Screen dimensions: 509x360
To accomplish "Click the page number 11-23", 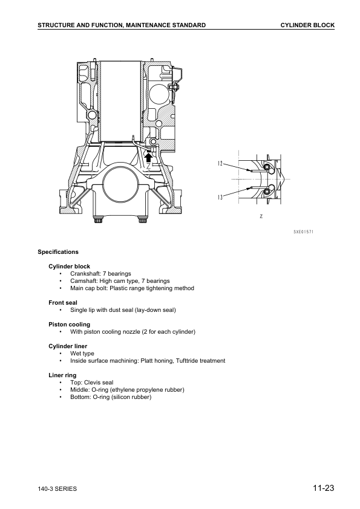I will point(324,488).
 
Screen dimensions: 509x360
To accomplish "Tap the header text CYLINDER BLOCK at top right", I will point(307,25).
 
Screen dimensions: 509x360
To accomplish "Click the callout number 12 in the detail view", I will point(221,164).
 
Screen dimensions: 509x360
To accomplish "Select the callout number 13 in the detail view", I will point(221,197).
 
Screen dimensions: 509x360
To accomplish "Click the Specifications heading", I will point(58,251).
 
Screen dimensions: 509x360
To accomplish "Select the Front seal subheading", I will point(63,302).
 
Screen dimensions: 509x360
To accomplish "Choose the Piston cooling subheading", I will point(69,325).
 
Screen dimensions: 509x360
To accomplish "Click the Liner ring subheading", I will point(62,375).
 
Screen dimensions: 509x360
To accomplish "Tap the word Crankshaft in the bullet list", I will point(85,274).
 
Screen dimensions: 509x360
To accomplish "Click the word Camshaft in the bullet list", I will point(84,281).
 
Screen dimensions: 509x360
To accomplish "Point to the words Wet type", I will point(82,354).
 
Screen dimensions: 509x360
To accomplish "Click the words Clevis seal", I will point(100,383).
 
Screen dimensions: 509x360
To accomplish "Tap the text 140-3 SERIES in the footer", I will point(57,489).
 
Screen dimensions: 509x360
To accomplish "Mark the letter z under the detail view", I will point(260,215).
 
